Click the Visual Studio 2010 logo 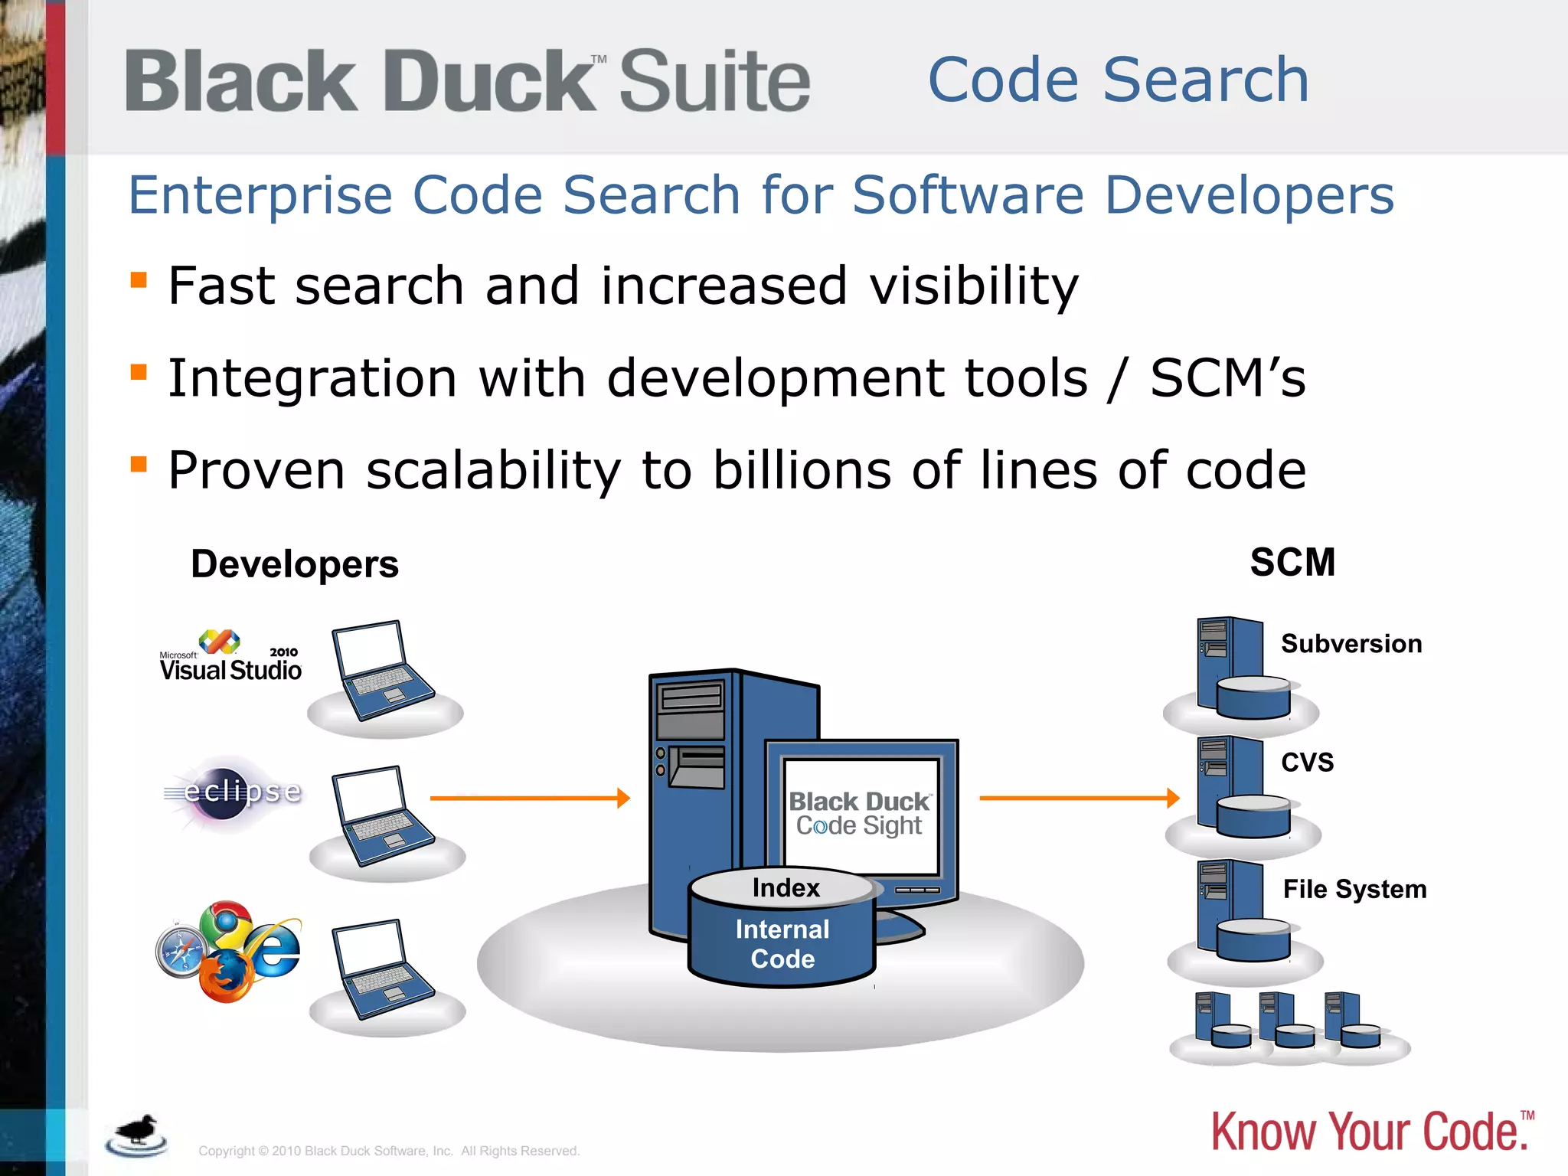click(x=230, y=657)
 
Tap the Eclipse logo click(x=234, y=792)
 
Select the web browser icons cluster click(x=228, y=952)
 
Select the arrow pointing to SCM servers click(x=1080, y=799)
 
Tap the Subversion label click(x=1351, y=644)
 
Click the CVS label click(x=1308, y=763)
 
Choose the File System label click(x=1354, y=890)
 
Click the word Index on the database click(x=786, y=888)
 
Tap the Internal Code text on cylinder click(x=782, y=944)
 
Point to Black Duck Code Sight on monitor click(x=860, y=814)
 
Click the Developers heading click(x=295, y=564)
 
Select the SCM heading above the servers click(x=1292, y=563)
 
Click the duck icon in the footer click(x=138, y=1135)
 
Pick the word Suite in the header click(x=714, y=81)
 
